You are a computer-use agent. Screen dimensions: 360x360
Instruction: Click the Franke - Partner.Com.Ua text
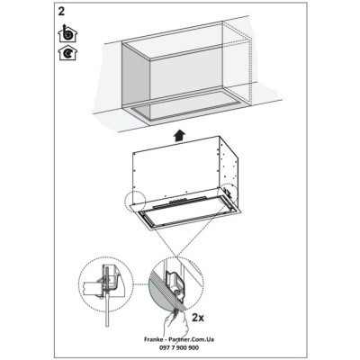click(x=180, y=337)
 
